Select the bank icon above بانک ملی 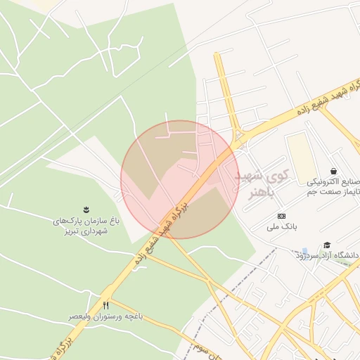click(x=282, y=216)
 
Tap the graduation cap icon click(x=327, y=245)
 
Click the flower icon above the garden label click(x=86, y=209)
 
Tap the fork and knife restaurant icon click(x=106, y=305)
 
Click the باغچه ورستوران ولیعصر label click(x=105, y=317)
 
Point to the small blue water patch click(x=304, y=252)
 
